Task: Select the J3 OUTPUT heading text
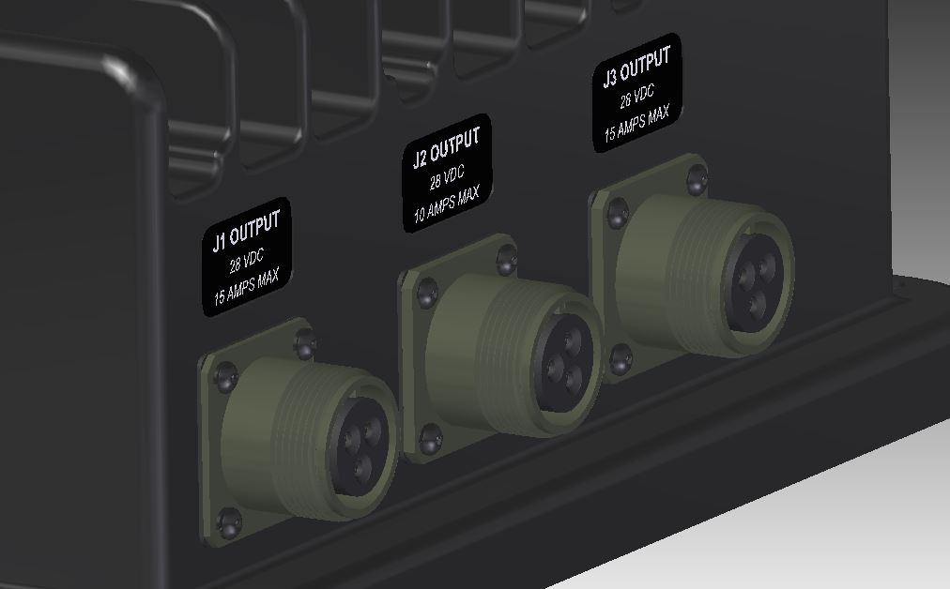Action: pos(636,68)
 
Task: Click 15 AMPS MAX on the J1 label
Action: pos(248,286)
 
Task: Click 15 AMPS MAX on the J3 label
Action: pos(636,122)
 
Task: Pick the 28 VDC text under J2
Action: pos(448,176)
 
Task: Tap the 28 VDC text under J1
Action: pos(248,260)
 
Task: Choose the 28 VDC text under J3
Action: pos(637,96)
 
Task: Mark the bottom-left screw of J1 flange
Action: pos(228,521)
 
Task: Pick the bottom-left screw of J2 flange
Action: pos(430,438)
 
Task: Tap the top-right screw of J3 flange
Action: pos(696,178)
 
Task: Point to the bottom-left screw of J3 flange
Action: pos(620,358)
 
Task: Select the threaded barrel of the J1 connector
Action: pos(282,441)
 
